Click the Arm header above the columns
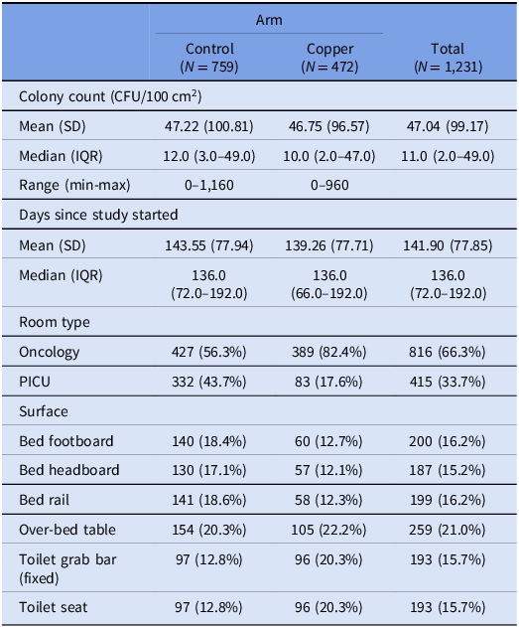(269, 20)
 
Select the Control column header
(209, 58)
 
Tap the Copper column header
(329, 58)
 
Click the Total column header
(448, 58)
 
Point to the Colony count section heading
(110, 96)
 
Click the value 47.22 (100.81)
(208, 126)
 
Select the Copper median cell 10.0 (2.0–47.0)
(329, 156)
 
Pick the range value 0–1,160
(209, 185)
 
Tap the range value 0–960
(329, 185)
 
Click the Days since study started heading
(98, 215)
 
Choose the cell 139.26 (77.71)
(329, 245)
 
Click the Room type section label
(55, 322)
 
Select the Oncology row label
(49, 352)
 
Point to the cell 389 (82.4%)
(328, 352)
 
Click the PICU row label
(35, 382)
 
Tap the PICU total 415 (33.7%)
(448, 382)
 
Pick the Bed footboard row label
(66, 441)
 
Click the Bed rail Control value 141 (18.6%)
(209, 500)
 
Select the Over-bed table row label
(67, 530)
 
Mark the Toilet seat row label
(54, 607)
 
